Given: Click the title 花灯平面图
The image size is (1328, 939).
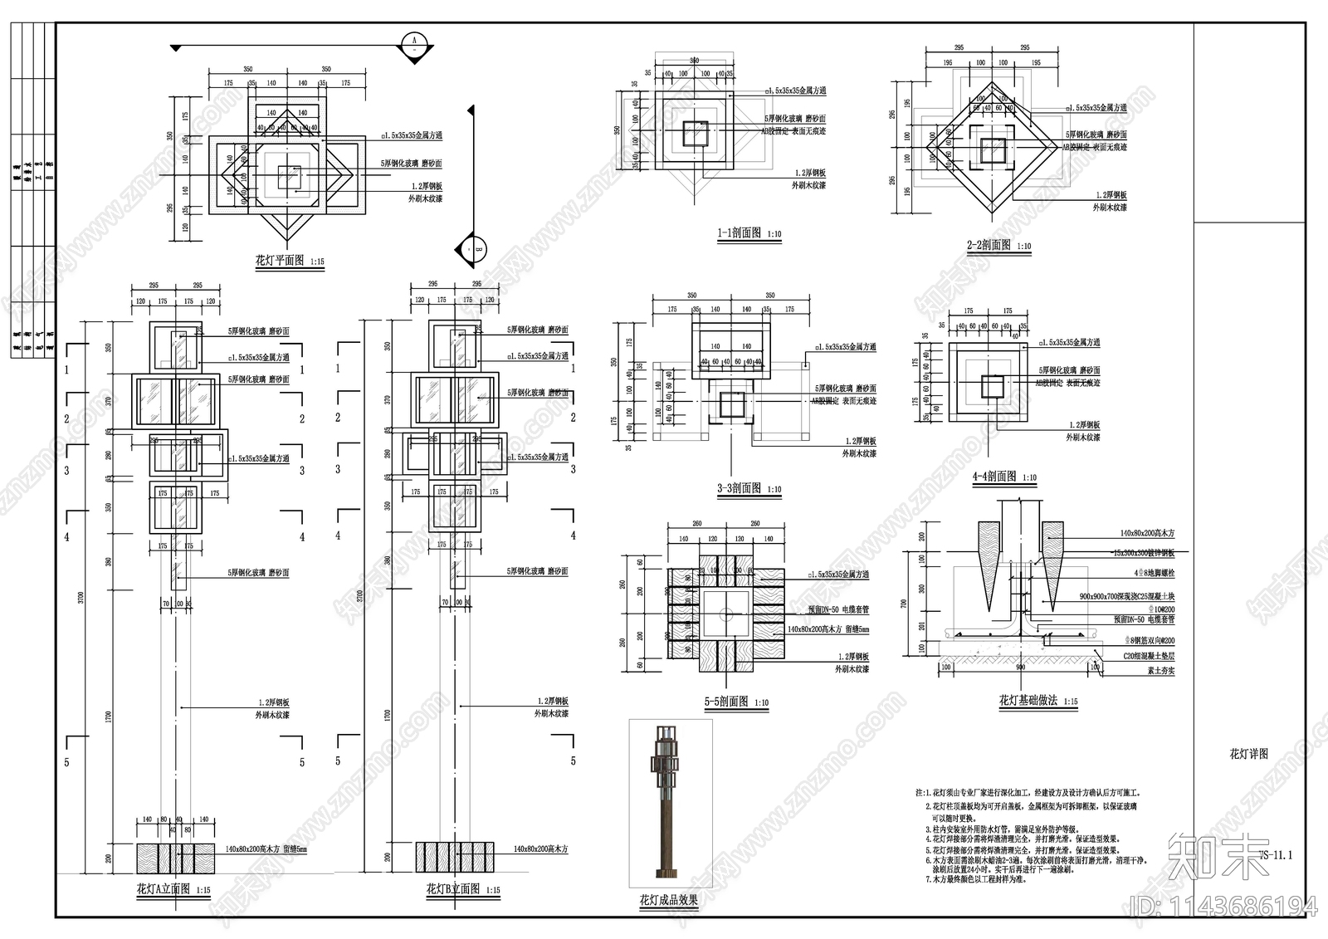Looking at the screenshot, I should tap(280, 261).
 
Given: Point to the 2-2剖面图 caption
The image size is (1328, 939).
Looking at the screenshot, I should tap(989, 245).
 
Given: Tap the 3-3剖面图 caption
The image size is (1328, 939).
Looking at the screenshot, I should tap(739, 488).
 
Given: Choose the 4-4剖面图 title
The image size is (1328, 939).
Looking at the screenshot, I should tap(994, 477).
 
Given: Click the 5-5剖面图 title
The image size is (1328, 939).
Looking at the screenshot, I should tap(726, 702).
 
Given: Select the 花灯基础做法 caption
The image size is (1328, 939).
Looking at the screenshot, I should tap(1028, 701).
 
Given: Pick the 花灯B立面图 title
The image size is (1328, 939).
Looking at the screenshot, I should tap(452, 889).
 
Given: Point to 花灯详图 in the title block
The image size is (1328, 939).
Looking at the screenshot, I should tap(1248, 754).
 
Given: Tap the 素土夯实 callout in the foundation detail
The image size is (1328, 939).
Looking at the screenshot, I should tap(1160, 670).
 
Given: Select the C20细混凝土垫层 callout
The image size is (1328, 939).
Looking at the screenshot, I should tap(1149, 656).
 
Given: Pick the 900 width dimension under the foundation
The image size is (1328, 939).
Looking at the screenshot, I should tap(1020, 668).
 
